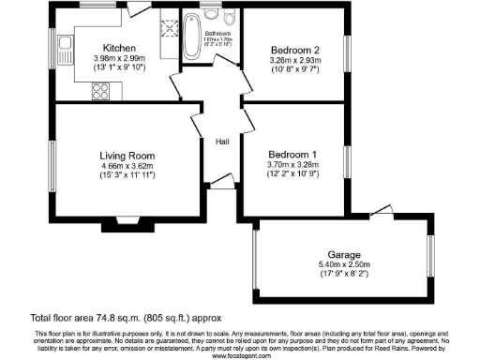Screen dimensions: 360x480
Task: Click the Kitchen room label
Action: [122, 48]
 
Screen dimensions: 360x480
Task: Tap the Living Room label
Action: [127, 156]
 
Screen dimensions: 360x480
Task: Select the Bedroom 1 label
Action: [292, 153]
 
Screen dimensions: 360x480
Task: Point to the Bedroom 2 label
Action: [295, 49]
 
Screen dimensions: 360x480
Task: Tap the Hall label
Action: [223, 142]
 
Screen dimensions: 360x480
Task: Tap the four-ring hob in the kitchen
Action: [100, 91]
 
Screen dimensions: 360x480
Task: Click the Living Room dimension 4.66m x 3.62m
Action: [127, 167]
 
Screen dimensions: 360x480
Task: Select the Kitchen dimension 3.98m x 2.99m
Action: [122, 59]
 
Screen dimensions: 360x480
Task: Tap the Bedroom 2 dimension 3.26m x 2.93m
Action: [295, 60]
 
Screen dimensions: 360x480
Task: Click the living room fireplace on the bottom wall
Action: [127, 222]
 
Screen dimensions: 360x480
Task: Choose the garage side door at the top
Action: [380, 210]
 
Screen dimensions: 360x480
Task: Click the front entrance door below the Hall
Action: [221, 180]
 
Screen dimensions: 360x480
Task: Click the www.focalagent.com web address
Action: [240, 355]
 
